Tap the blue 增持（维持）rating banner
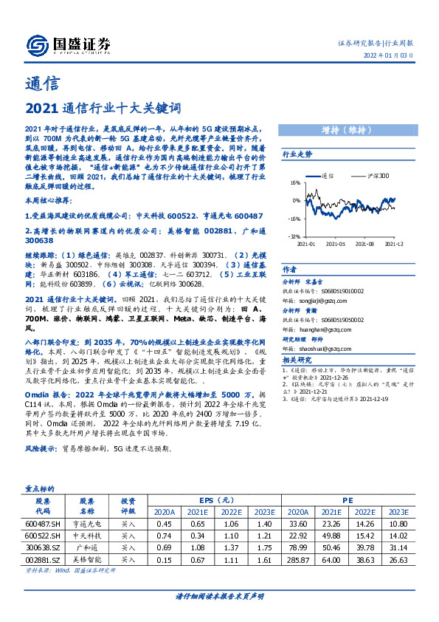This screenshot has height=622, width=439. pos(344,130)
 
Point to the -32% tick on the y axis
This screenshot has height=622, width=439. pos(294,237)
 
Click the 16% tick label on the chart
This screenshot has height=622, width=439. pos(294,182)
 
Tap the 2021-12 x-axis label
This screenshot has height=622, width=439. pos(393,242)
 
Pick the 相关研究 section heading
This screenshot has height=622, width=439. pos(296,359)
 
